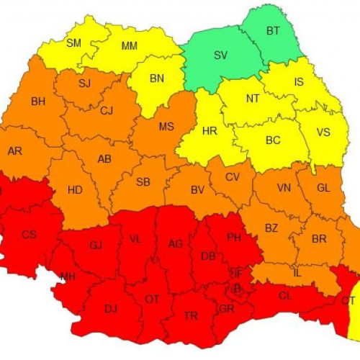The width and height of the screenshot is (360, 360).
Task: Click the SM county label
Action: (73, 43)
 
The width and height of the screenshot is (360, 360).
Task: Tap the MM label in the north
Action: (130, 47)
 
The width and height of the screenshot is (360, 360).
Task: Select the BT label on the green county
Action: (273, 30)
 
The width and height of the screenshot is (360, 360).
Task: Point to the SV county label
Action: (220, 55)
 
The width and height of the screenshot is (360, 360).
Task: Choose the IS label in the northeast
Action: (299, 82)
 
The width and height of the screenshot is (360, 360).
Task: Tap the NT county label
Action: (253, 99)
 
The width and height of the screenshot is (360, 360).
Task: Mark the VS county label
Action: (323, 133)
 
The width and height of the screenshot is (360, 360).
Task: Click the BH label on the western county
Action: (38, 102)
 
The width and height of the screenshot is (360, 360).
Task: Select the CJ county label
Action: (107, 110)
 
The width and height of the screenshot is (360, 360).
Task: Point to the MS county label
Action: (166, 127)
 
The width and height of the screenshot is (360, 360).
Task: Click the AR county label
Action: (14, 151)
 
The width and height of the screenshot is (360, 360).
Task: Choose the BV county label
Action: (198, 190)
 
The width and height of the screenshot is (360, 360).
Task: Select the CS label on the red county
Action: (29, 235)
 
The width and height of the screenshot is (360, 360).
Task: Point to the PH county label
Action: (233, 237)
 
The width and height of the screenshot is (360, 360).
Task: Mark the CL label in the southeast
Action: (285, 295)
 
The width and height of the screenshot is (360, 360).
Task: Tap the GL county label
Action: (323, 187)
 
